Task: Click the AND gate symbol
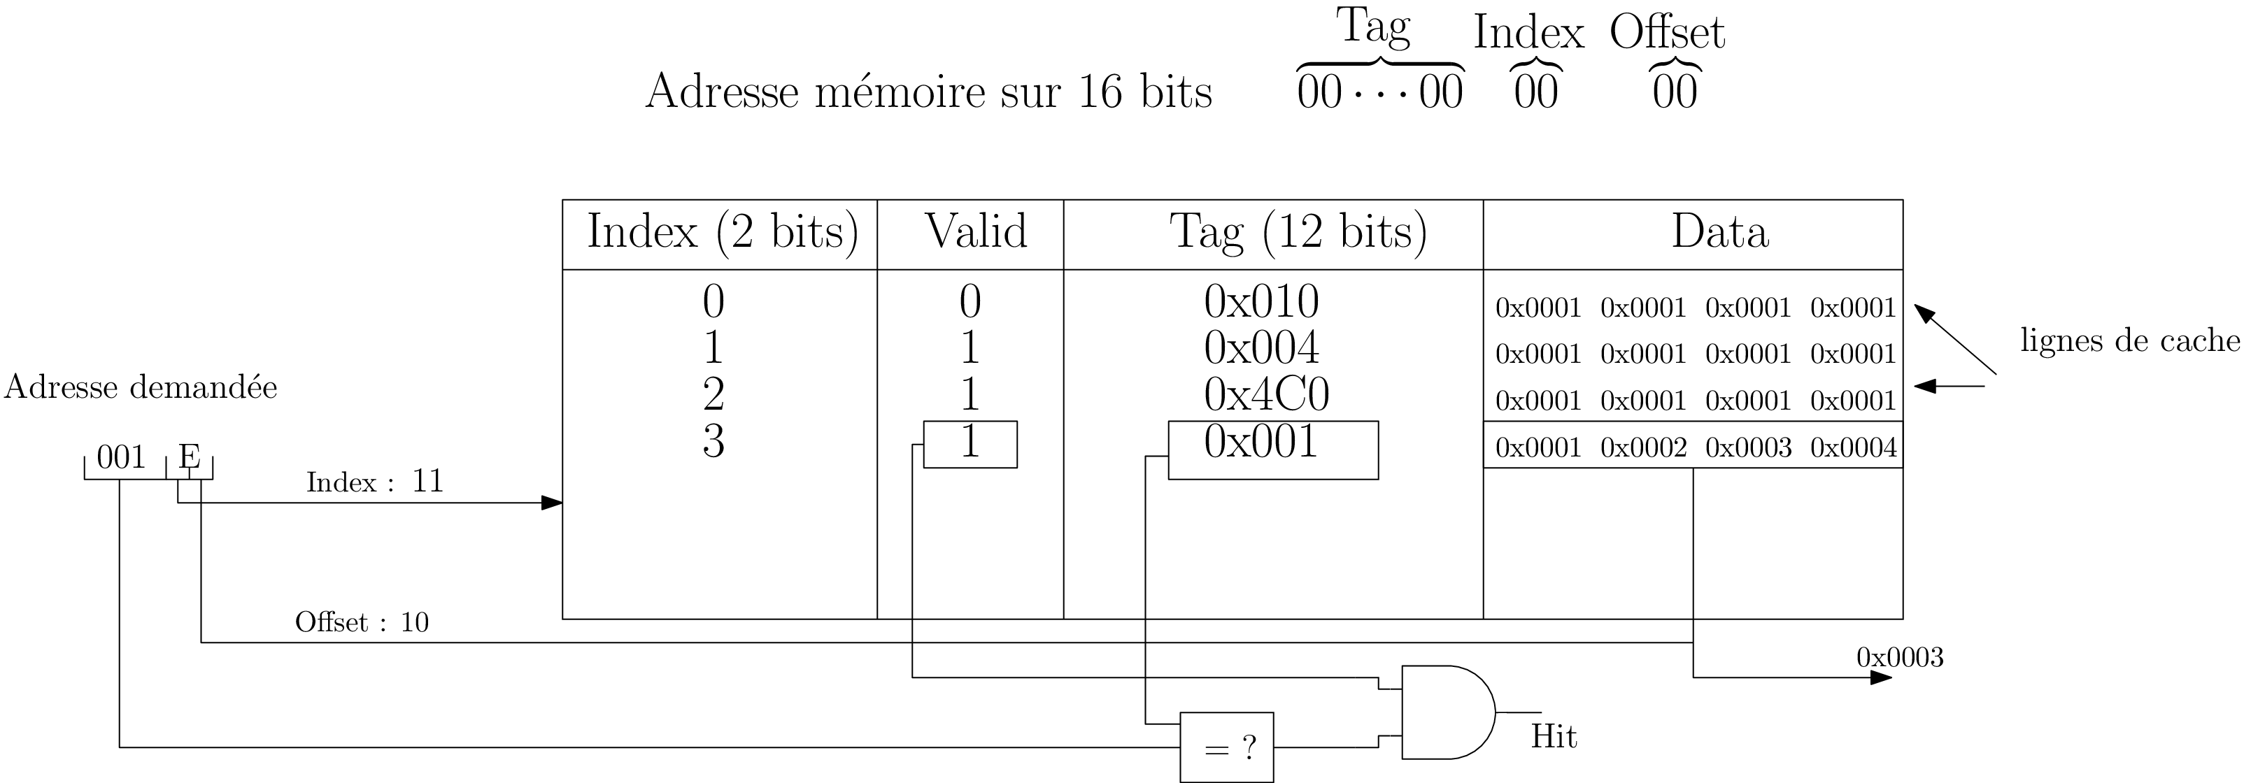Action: pyautogui.click(x=1446, y=712)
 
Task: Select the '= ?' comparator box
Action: pyautogui.click(x=1226, y=747)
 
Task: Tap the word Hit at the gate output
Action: pyautogui.click(x=1553, y=737)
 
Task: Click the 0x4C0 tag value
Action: pyautogui.click(x=1265, y=394)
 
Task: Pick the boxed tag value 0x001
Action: pyautogui.click(x=1261, y=443)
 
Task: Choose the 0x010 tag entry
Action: pyautogui.click(x=1261, y=301)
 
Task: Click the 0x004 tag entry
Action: pyautogui.click(x=1261, y=347)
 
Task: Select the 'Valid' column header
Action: pyautogui.click(x=975, y=231)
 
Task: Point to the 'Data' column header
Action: pyautogui.click(x=1719, y=231)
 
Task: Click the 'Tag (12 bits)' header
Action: pyautogui.click(x=1298, y=231)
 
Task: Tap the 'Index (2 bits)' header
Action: pyautogui.click(x=722, y=231)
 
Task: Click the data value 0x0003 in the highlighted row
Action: pyautogui.click(x=1747, y=447)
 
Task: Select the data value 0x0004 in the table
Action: pyautogui.click(x=1853, y=447)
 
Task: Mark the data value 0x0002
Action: pyautogui.click(x=1643, y=447)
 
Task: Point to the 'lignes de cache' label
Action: pyautogui.click(x=2129, y=340)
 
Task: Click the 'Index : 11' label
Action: pyautogui.click(x=374, y=482)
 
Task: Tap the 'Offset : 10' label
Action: pyautogui.click(x=362, y=622)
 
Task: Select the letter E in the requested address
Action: pyautogui.click(x=189, y=457)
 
